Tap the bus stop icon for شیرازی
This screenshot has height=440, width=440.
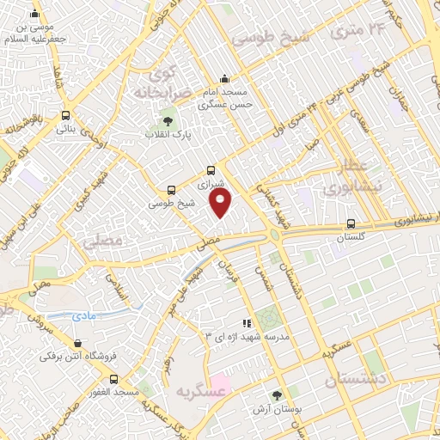(211, 171)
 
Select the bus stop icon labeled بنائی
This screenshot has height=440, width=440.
(66, 116)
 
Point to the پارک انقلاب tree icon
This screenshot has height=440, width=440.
(168, 121)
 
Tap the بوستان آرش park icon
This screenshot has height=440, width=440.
(275, 394)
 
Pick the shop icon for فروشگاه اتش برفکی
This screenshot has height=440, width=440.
(55, 340)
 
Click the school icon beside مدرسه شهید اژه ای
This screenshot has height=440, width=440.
(247, 323)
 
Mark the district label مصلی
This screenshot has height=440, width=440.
(104, 243)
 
